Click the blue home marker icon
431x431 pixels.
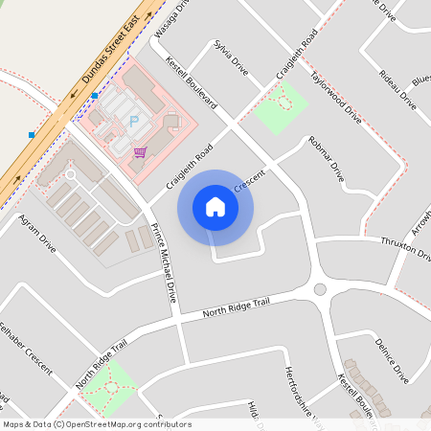(x=215, y=207)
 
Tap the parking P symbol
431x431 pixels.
(x=133, y=121)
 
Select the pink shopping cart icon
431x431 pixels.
(x=140, y=151)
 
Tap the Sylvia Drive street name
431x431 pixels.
(x=231, y=58)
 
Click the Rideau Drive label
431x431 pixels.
(x=397, y=88)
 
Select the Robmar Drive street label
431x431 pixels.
(x=326, y=159)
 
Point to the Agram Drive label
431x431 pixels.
(x=37, y=234)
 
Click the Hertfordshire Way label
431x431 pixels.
(x=300, y=393)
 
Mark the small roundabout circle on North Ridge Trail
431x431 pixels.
(x=320, y=289)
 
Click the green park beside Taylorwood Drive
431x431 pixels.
(x=281, y=107)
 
